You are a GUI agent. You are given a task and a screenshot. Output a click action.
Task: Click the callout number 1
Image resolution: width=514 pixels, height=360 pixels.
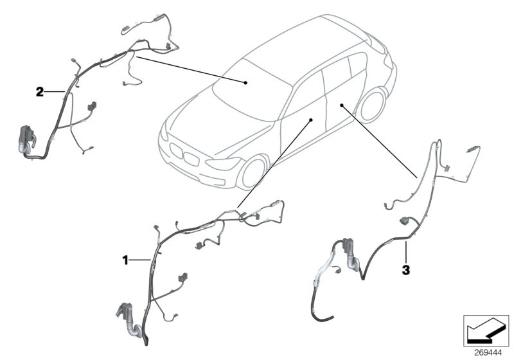click(127, 260)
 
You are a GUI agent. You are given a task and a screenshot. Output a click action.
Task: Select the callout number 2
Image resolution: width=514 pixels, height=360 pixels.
click(40, 92)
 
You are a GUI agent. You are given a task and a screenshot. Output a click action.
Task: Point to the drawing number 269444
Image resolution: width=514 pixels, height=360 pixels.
click(488, 353)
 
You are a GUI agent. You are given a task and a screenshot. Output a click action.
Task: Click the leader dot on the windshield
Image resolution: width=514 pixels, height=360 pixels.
click(245, 82)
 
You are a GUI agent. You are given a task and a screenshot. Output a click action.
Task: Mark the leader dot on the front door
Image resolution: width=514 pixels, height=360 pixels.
click(311, 120)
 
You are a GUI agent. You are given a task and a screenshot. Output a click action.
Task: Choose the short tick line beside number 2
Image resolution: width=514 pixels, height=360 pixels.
click(54, 92)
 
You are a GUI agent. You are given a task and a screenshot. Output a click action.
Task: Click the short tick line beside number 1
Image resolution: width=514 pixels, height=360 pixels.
click(141, 260)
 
